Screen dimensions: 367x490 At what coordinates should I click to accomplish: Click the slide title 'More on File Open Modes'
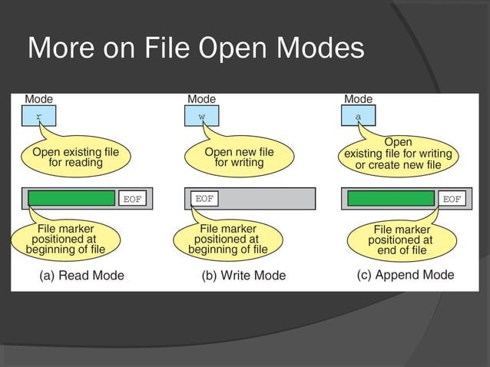point(196,48)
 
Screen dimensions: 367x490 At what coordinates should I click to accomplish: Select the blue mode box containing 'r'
point(40,117)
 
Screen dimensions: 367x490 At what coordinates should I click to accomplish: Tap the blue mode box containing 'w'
point(202,117)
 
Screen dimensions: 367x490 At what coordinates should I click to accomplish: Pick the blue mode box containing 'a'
point(359,117)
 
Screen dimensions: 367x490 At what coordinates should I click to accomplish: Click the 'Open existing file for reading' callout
point(75,157)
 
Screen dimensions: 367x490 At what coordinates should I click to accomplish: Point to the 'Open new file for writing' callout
point(239,157)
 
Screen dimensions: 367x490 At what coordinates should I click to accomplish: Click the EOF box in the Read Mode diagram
point(132,199)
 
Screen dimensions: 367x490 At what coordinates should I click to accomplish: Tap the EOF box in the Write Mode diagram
point(204,199)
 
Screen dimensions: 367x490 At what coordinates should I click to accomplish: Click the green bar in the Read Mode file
point(71,198)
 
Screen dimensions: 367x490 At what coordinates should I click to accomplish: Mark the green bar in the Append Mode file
point(391,198)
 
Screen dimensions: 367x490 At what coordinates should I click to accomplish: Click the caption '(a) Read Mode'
point(81,276)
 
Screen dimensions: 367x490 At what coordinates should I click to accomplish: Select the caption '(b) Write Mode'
point(243,276)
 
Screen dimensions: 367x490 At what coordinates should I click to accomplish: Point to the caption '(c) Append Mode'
point(405,275)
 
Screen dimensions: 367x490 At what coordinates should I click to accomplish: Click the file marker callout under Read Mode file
point(66,239)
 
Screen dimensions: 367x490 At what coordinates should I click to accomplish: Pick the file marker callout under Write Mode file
point(228,239)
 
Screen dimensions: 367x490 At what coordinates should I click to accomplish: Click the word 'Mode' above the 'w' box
point(202,99)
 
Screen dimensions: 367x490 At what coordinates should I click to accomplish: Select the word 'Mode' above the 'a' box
point(358,99)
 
